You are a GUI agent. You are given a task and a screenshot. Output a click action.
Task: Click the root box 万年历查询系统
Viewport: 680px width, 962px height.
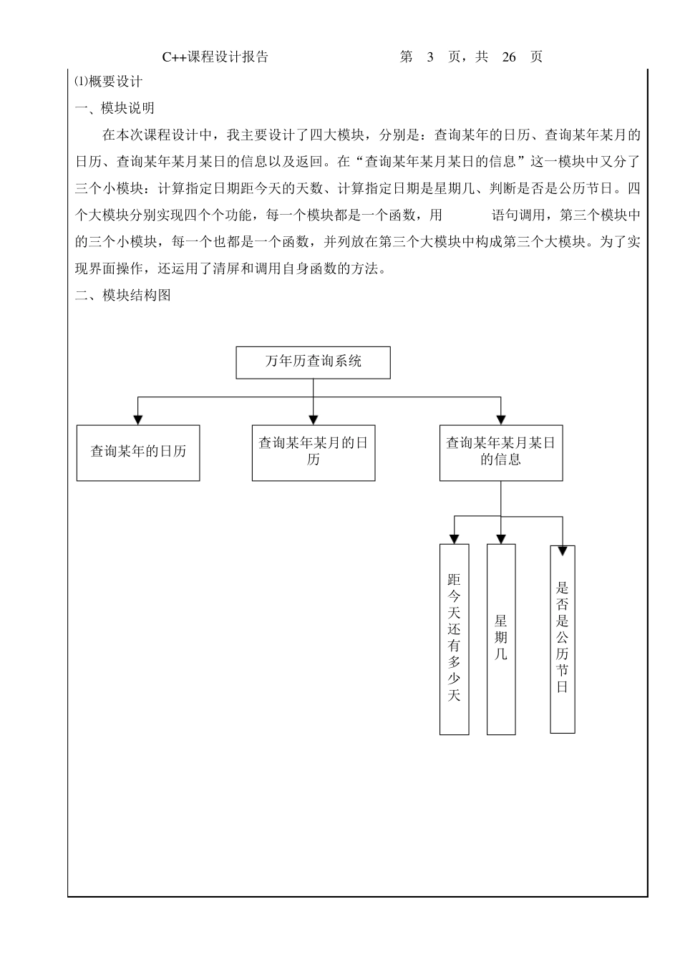[313, 362]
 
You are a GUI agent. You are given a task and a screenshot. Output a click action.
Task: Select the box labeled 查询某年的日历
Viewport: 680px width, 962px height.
[138, 452]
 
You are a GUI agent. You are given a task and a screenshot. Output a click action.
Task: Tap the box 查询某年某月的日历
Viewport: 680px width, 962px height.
[314, 452]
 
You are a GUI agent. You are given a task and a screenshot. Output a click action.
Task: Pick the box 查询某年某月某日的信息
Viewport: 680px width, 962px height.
[501, 452]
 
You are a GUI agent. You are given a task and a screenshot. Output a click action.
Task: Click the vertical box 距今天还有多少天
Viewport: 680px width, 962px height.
[454, 638]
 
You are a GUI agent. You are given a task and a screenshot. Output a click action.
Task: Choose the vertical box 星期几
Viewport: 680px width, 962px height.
[501, 638]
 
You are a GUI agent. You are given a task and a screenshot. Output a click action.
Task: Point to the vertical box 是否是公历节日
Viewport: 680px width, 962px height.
[563, 638]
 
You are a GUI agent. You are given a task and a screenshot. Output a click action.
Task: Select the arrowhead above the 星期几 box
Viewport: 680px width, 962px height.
[501, 538]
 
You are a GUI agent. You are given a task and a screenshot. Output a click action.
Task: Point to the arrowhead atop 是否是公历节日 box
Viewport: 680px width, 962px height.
[563, 550]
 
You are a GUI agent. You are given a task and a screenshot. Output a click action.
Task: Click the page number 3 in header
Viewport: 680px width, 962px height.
[430, 57]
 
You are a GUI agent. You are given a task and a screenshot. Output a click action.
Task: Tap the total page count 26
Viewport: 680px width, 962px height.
[509, 57]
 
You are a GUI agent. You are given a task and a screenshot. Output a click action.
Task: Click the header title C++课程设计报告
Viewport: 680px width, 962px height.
[215, 57]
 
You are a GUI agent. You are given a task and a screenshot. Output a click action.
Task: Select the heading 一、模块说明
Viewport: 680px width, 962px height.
[115, 108]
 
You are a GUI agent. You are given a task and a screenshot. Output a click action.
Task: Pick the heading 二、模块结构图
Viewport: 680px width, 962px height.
[123, 295]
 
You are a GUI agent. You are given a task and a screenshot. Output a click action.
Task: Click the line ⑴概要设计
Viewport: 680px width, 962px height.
[109, 82]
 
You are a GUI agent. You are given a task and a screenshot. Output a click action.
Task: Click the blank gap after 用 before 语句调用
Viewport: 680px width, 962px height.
[467, 215]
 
